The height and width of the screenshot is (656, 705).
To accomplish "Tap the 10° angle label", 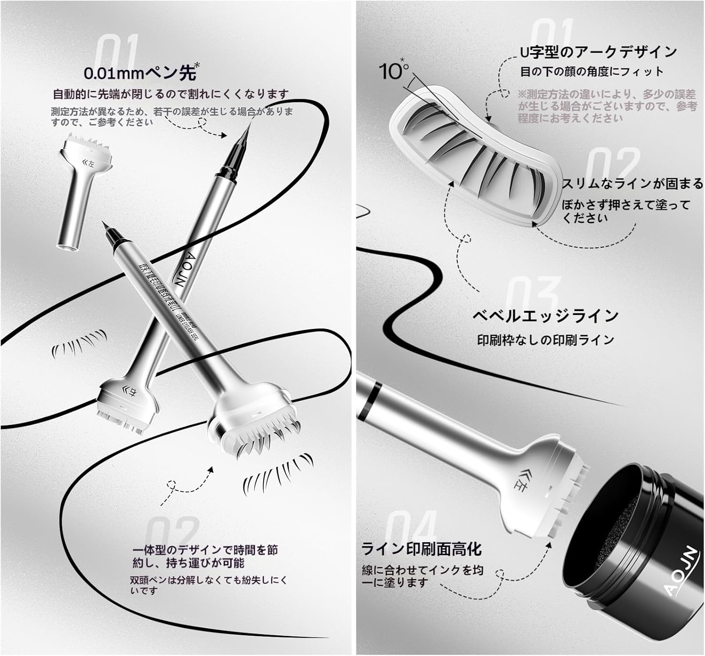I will click(x=394, y=70).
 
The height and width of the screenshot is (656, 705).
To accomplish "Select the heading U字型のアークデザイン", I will click(x=598, y=52).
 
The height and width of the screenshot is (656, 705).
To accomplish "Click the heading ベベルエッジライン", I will click(x=545, y=316).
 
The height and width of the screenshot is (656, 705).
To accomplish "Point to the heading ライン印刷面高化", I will click(x=421, y=549).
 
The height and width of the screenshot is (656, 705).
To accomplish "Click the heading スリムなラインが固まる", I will click(x=633, y=184).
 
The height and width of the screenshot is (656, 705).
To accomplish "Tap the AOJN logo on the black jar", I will click(x=681, y=577).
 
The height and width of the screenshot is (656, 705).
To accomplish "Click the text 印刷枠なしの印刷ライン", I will click(x=545, y=340).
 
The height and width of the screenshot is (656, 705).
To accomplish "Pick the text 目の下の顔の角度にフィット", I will click(x=591, y=72).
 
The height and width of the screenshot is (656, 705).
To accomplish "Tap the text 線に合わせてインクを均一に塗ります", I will click(x=422, y=576).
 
